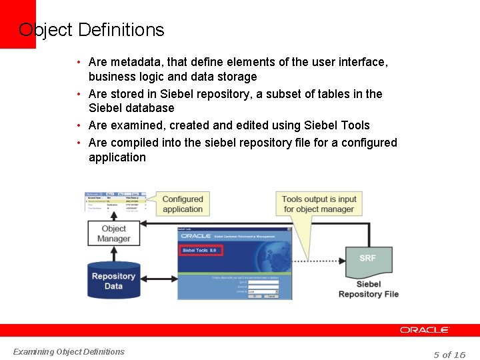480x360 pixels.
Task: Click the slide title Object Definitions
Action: pyautogui.click(x=91, y=30)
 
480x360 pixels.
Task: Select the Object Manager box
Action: pyautogui.click(x=113, y=233)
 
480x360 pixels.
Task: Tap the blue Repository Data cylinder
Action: pyautogui.click(x=113, y=280)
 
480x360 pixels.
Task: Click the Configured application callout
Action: pyautogui.click(x=183, y=204)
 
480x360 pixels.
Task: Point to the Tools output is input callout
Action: pyautogui.click(x=319, y=204)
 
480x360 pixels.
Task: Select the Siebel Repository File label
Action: pyautogui.click(x=369, y=289)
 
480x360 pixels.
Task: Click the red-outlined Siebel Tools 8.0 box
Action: pyautogui.click(x=200, y=251)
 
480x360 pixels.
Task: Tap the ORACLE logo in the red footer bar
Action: pyautogui.click(x=425, y=330)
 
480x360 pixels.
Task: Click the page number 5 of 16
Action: pyautogui.click(x=449, y=354)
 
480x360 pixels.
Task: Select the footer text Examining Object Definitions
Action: pyautogui.click(x=69, y=351)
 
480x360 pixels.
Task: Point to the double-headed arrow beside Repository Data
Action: pyautogui.click(x=159, y=278)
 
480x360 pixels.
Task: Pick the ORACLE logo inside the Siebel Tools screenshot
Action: pyautogui.click(x=195, y=235)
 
